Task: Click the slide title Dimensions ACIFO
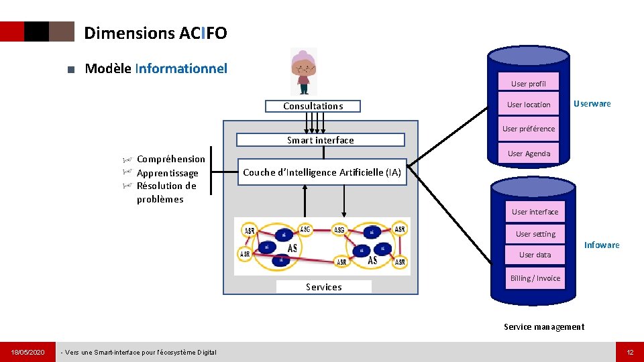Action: tap(156, 33)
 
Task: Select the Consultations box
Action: tap(313, 106)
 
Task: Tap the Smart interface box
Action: tap(320, 140)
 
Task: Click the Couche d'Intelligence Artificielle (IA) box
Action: tap(322, 172)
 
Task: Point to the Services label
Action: tap(324, 287)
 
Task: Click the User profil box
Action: tap(529, 84)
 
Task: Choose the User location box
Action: tap(529, 105)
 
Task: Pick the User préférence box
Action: tap(529, 129)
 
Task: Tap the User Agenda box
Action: tap(529, 154)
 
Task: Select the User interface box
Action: tap(535, 212)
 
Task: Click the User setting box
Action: tap(535, 234)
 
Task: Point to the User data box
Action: tap(535, 255)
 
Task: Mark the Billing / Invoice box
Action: tap(535, 278)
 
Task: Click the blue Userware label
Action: tap(592, 104)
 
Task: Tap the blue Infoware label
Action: tap(602, 245)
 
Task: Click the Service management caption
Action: tap(544, 327)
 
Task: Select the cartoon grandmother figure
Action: tap(304, 70)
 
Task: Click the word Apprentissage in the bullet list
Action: tap(167, 173)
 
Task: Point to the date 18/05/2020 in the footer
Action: tap(28, 352)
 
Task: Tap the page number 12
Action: tap(630, 352)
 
